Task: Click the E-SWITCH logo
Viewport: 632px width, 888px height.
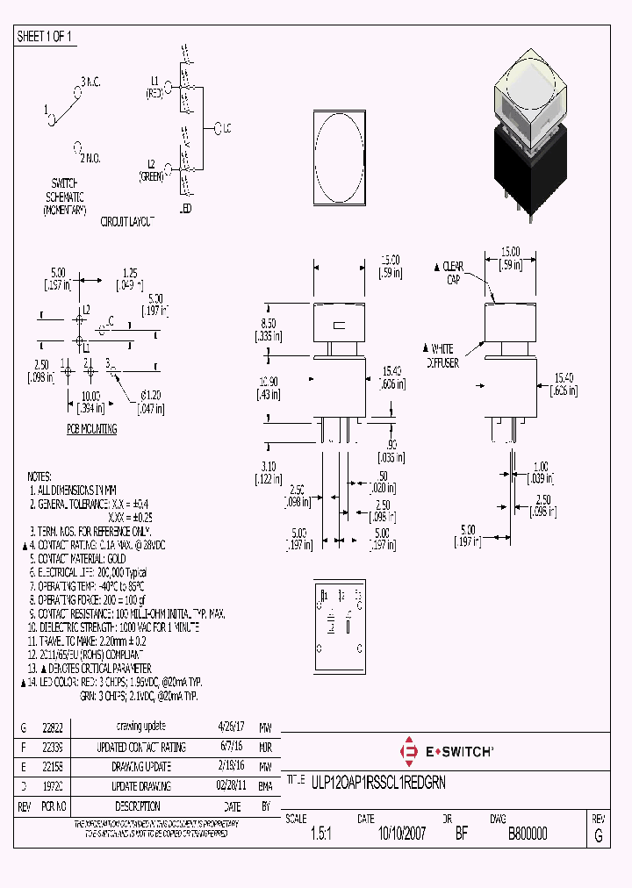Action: point(446,751)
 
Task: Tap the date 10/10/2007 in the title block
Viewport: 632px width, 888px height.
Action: point(401,834)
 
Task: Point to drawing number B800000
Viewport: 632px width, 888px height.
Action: point(528,834)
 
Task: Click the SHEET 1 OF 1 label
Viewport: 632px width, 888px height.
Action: point(45,37)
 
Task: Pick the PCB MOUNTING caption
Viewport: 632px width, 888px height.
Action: point(92,429)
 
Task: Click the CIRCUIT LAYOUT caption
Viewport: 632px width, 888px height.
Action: point(127,221)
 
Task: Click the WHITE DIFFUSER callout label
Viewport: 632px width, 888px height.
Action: point(448,355)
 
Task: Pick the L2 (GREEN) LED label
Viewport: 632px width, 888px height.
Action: point(151,170)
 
